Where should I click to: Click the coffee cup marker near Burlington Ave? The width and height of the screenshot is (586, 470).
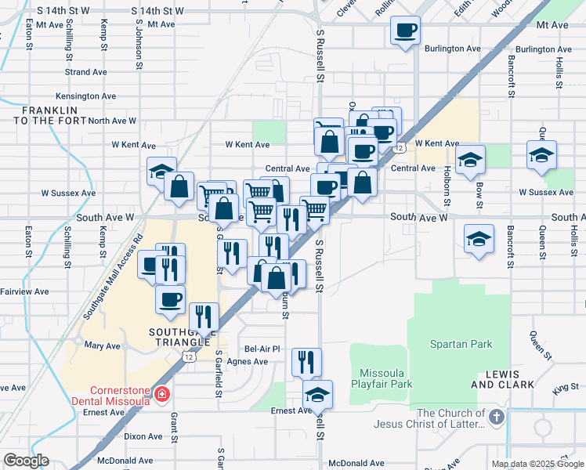coord(404,31)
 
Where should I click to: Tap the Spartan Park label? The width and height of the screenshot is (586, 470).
coord(461,344)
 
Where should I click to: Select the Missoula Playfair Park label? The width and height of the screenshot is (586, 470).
coord(385,378)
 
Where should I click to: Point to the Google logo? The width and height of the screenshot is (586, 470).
coord(25,460)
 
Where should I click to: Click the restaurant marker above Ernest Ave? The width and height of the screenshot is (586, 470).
coord(306,362)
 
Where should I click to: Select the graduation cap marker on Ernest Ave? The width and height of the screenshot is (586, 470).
coord(317,394)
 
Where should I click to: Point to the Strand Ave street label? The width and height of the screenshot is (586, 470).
coord(86,72)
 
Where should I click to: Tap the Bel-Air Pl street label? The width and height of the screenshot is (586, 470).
coord(262,348)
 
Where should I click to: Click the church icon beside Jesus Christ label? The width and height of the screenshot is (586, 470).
coord(495,420)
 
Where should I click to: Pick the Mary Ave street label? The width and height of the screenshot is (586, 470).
coord(102,345)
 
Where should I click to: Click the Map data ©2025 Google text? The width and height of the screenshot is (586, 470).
coord(537,464)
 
